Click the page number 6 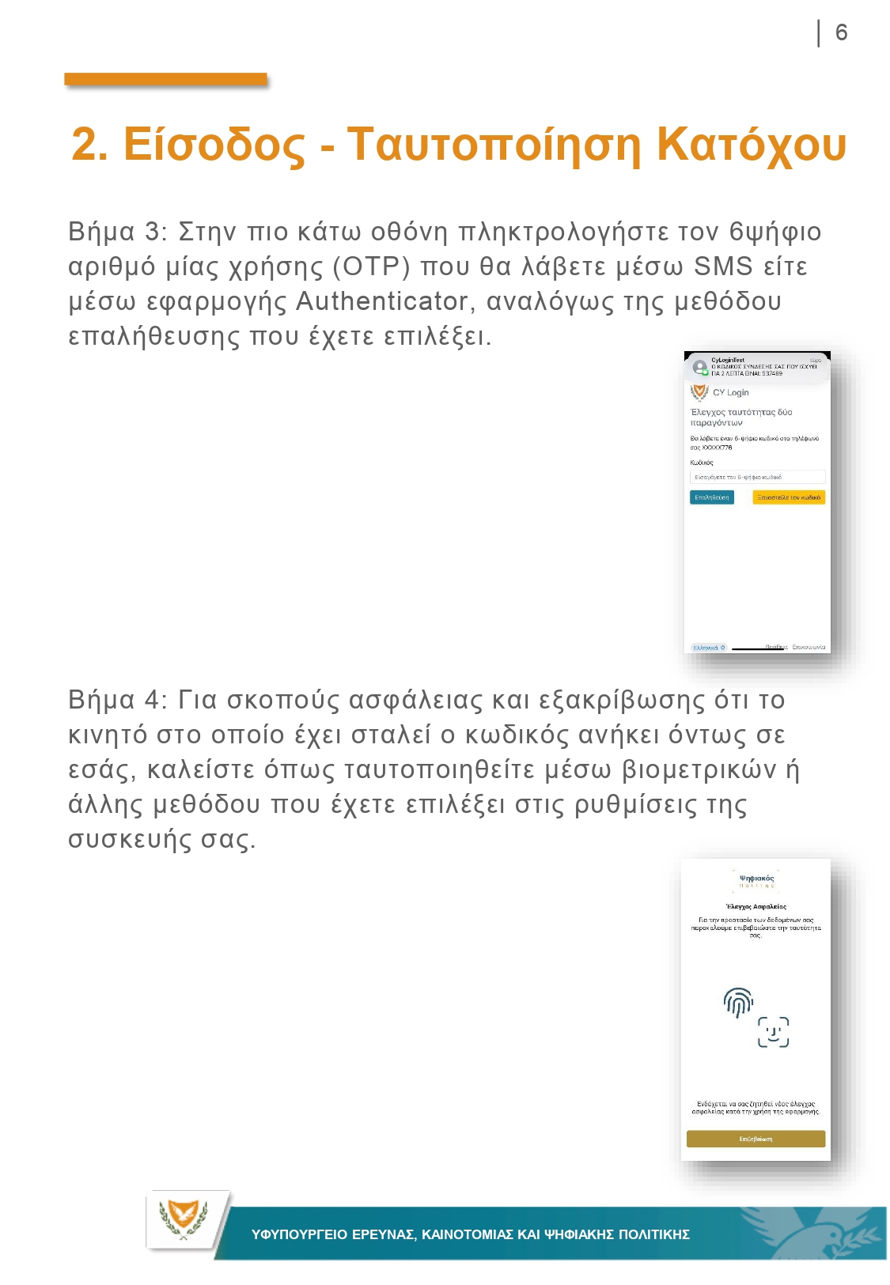841,32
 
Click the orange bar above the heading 165,79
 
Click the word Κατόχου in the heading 752,145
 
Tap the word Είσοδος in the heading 214,145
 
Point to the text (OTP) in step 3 371,266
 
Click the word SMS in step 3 722,266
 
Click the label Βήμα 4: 118,700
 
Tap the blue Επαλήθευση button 711,497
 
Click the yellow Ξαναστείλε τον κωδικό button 788,497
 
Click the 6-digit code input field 757,477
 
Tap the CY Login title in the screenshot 730,392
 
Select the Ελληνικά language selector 709,648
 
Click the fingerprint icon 738,1002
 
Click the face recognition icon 773,1032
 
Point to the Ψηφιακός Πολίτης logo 756,881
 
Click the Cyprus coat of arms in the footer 184,1219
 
